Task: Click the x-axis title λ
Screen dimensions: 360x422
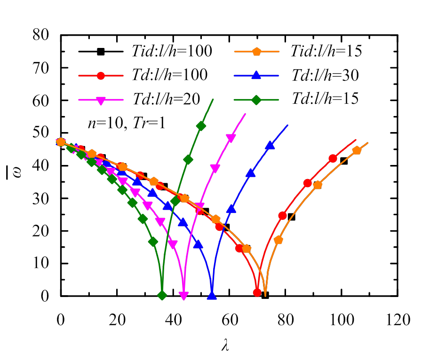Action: (224, 345)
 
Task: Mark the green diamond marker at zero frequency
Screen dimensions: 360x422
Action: (162, 296)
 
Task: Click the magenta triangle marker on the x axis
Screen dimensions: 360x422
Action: (183, 296)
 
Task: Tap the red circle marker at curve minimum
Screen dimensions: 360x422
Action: (257, 292)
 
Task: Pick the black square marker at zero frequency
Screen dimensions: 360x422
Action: (265, 295)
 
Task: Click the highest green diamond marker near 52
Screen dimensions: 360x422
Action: (201, 125)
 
